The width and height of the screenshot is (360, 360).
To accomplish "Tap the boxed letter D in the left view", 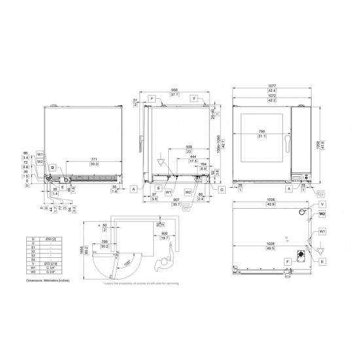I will click(x=51, y=168).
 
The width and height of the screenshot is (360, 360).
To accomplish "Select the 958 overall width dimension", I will click(x=175, y=90).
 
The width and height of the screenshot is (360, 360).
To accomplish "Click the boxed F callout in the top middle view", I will click(x=152, y=98).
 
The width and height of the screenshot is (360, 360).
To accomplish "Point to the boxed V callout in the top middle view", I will click(x=194, y=98).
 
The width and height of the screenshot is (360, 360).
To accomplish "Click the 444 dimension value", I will click(x=194, y=158).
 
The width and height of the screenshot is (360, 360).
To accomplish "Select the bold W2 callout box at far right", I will click(x=322, y=214).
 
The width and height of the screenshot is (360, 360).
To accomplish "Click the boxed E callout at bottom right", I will click(x=323, y=261).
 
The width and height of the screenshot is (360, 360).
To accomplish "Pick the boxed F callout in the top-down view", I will click(x=289, y=261).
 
